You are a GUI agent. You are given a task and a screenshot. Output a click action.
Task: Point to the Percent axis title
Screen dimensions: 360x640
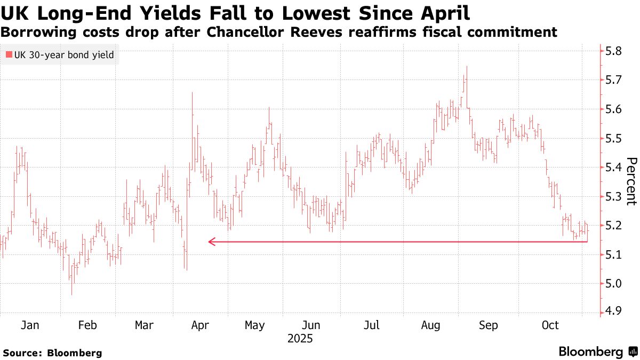click(631, 181)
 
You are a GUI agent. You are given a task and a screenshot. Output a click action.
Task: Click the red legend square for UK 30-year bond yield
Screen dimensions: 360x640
click(9, 54)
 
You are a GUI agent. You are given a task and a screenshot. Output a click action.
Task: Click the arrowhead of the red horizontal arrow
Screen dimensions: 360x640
click(211, 242)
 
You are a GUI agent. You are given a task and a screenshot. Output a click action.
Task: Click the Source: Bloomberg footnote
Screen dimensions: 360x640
click(52, 353)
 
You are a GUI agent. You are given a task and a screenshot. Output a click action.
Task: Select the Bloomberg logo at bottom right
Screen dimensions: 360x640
click(597, 352)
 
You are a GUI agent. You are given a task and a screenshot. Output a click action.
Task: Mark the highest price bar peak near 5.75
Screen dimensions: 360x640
click(467, 67)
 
